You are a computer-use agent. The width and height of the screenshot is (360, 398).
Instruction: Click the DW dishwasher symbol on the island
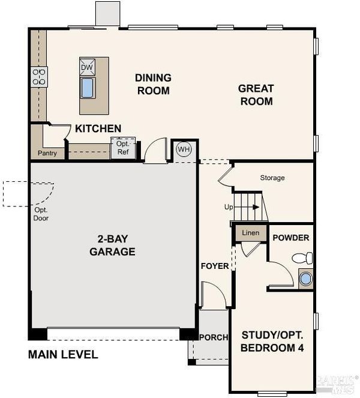[x=87, y=67]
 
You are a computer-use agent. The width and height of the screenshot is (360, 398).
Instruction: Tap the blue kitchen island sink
[x=88, y=88]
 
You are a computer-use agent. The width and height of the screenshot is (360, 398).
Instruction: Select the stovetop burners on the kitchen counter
[x=39, y=77]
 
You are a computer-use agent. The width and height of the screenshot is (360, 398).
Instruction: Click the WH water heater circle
[x=184, y=149]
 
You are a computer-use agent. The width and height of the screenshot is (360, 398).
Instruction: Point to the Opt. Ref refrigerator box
[x=123, y=148]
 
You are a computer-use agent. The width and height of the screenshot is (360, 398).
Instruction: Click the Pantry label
[x=47, y=153]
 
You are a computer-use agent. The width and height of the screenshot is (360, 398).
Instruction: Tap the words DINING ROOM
[x=153, y=84]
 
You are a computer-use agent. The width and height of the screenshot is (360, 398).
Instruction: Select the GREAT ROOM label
[x=256, y=95]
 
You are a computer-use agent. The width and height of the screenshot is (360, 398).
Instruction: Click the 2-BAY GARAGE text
[x=112, y=245]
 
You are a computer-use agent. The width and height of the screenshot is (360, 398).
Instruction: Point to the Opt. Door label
[x=41, y=214]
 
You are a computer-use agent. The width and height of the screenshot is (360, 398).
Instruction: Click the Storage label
[x=272, y=178]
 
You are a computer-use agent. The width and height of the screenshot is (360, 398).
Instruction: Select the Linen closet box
[x=251, y=233]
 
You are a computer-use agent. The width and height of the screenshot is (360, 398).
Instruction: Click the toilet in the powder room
[x=302, y=258]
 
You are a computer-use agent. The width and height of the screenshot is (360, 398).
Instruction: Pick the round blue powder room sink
[x=305, y=279]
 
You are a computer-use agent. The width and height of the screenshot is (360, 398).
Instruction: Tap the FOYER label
[x=215, y=266]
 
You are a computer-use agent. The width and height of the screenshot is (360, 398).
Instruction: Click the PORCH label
[x=214, y=337]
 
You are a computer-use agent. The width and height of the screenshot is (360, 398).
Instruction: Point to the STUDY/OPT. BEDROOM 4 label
[x=272, y=342]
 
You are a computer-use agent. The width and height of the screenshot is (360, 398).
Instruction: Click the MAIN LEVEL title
[x=63, y=355]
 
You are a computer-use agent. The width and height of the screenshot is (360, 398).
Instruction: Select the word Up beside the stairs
[x=229, y=207]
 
